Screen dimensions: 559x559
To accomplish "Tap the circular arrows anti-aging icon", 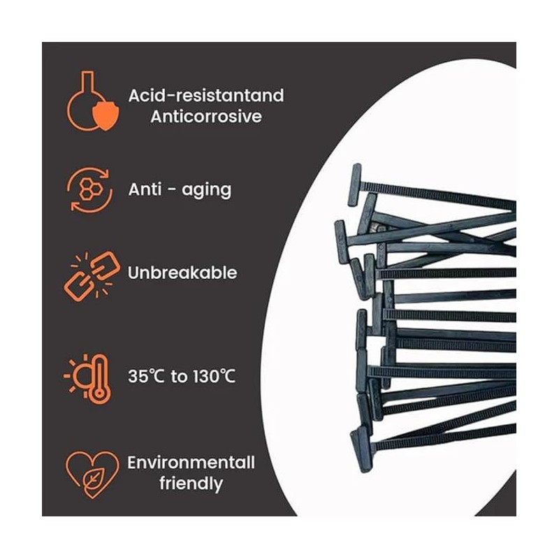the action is pyautogui.click(x=89, y=189).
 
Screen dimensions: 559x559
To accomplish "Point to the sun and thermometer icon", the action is pyautogui.click(x=89, y=377).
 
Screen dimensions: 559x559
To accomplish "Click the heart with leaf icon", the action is pyautogui.click(x=89, y=472).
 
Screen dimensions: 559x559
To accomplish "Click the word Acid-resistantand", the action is pyautogui.click(x=205, y=96).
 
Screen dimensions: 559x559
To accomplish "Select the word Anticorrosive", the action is pyautogui.click(x=205, y=117).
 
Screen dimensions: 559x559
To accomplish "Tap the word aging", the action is pyautogui.click(x=205, y=190).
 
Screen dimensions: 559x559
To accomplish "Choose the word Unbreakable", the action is pyautogui.click(x=182, y=273).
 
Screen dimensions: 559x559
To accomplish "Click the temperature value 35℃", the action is pyautogui.click(x=147, y=377).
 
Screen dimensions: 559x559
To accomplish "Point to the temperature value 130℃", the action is pyautogui.click(x=213, y=377).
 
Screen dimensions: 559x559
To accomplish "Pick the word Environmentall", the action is pyautogui.click(x=191, y=463).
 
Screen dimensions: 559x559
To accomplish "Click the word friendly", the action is pyautogui.click(x=191, y=483).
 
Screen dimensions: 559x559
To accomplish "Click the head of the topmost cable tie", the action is pyautogui.click(x=354, y=185).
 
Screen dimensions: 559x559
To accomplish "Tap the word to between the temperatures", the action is pyautogui.click(x=180, y=377).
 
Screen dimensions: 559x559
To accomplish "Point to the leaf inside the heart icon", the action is pyautogui.click(x=91, y=477).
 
